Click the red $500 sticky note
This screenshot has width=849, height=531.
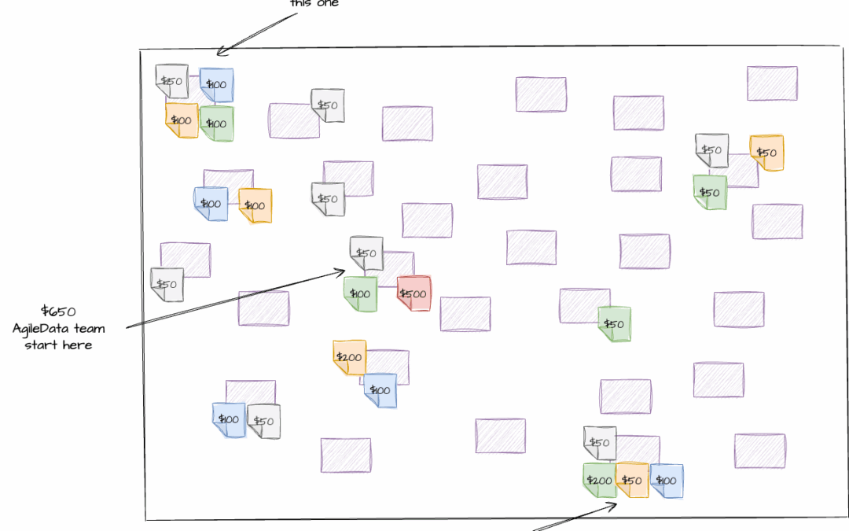click(413, 293)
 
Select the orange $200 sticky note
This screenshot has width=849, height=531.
click(349, 357)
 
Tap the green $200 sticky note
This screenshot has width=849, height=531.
click(599, 481)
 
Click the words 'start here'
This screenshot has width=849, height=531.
click(58, 345)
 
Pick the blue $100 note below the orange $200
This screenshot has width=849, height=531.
click(380, 390)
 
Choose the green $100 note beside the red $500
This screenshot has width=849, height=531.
click(360, 293)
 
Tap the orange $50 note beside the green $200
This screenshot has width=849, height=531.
click(631, 480)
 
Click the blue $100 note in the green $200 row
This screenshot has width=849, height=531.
click(666, 480)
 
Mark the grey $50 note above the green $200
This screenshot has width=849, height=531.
click(600, 443)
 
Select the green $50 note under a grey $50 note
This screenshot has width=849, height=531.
click(710, 192)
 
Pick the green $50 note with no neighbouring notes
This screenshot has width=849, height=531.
click(614, 324)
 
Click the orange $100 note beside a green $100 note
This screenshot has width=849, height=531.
click(181, 120)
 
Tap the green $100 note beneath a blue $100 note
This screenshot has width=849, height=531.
click(216, 124)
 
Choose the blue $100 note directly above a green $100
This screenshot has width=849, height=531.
click(216, 84)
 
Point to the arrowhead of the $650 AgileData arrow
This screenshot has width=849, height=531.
click(344, 271)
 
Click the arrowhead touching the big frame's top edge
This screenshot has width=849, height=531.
click(218, 53)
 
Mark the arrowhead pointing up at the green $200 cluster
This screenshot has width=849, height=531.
click(616, 505)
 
